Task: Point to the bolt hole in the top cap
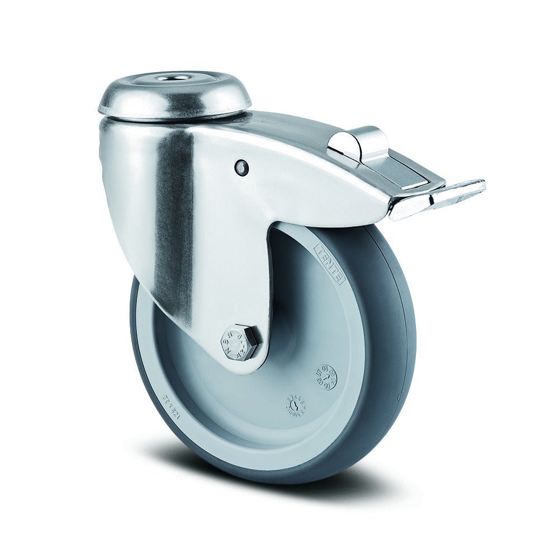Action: tap(169, 78)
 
